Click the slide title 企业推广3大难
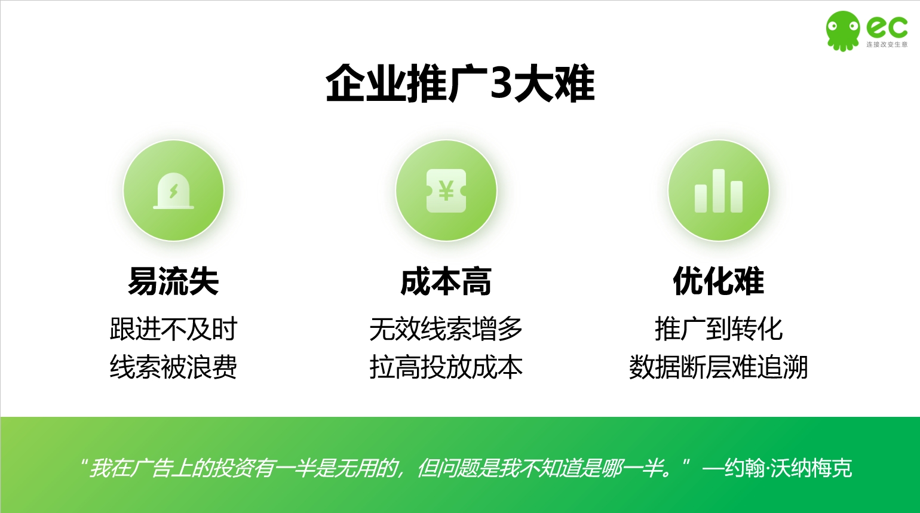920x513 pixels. [x=460, y=83]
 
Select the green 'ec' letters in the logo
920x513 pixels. [x=887, y=27]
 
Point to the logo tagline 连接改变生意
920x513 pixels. [x=887, y=44]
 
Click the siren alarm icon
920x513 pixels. [x=173, y=191]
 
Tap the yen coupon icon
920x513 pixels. [x=446, y=191]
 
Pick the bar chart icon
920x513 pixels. [x=718, y=191]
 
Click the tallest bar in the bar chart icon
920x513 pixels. [x=718, y=191]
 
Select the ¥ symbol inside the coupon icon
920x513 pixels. [x=446, y=190]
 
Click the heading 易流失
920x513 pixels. [x=173, y=281]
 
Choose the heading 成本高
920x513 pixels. [x=446, y=281]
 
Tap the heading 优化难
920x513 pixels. [x=718, y=281]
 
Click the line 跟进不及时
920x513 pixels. [x=173, y=329]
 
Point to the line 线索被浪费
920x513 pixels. [x=173, y=367]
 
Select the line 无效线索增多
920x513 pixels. [x=446, y=329]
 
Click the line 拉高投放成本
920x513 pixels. [x=446, y=367]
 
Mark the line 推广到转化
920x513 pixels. [x=718, y=329]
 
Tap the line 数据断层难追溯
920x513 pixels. [x=718, y=367]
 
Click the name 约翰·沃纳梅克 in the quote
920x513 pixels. [x=788, y=468]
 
